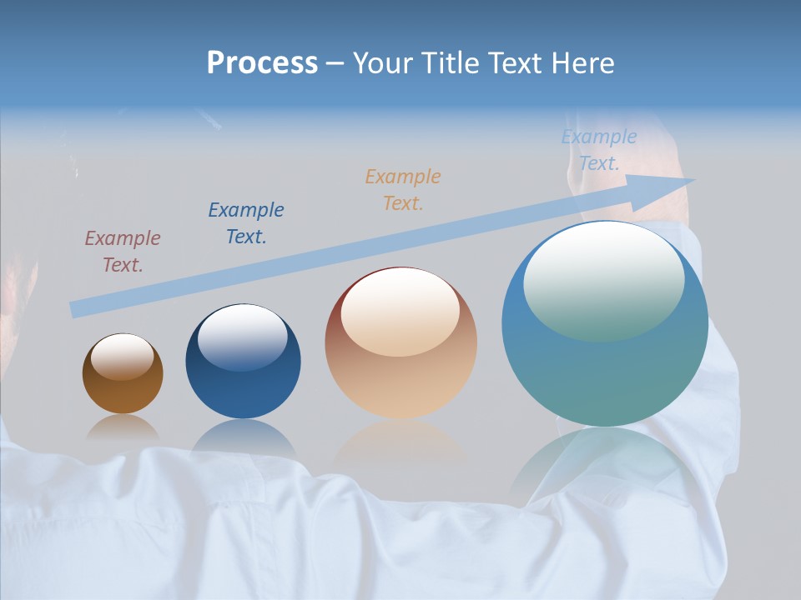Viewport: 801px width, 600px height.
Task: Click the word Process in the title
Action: pyautogui.click(x=262, y=63)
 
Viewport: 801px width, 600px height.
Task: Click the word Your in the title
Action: pyautogui.click(x=380, y=63)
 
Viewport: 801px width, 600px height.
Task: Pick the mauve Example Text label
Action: pyautogui.click(x=123, y=252)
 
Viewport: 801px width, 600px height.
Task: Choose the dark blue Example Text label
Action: pyautogui.click(x=246, y=223)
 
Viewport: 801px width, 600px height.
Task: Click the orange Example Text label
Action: pyautogui.click(x=403, y=189)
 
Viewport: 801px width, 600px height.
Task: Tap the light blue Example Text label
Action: pyautogui.click(x=599, y=150)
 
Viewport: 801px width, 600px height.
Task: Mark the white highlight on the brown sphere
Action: pyautogui.click(x=123, y=356)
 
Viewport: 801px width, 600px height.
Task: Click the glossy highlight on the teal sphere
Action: pyautogui.click(x=603, y=279)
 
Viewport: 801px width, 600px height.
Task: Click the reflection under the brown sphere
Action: pyautogui.click(x=123, y=429)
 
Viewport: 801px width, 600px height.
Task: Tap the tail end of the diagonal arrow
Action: pyautogui.click(x=75, y=310)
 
